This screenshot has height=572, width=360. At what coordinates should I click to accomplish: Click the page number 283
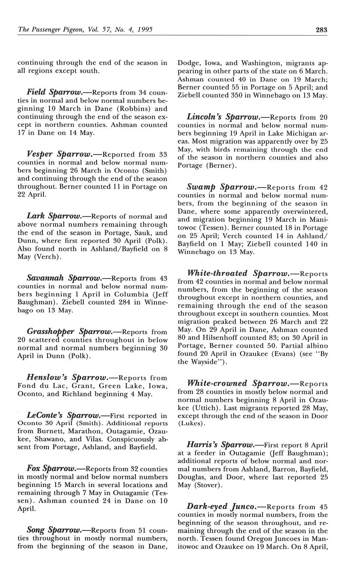(321, 30)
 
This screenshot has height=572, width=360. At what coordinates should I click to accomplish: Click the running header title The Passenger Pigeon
(49, 30)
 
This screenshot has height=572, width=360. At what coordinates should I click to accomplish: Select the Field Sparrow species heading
(54, 92)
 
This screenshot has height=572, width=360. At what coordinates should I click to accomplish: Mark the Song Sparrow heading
(53, 530)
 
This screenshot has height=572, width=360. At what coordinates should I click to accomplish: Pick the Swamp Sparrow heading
(221, 187)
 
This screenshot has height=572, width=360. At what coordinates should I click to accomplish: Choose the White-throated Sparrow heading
(238, 274)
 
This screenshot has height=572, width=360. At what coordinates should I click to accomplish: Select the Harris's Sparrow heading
(220, 445)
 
